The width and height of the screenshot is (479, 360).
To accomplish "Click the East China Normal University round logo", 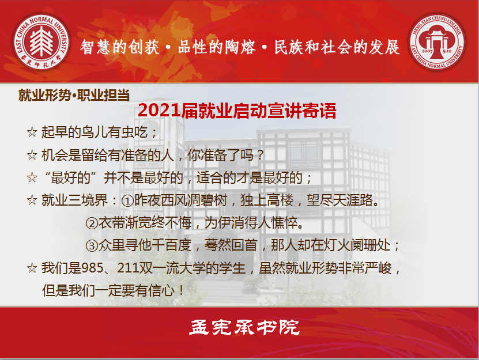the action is click(42, 42).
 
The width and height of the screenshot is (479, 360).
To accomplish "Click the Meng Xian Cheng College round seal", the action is click(437, 42).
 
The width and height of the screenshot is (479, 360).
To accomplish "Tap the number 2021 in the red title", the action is click(159, 110).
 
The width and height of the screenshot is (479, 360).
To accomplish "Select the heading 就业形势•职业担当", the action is click(74, 95).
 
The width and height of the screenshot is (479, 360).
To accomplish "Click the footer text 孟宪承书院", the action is click(244, 327).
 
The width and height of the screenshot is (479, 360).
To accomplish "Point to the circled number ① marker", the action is click(127, 200).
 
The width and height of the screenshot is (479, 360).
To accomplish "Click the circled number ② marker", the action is click(91, 223).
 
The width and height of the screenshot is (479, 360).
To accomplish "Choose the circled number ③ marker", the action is click(91, 246).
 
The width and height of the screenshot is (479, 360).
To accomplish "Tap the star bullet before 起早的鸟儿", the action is click(32, 132).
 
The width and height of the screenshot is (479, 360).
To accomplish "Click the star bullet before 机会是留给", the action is click(32, 155).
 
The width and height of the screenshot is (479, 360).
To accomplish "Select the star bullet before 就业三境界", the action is click(32, 200).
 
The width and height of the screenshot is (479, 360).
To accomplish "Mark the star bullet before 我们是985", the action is click(32, 268).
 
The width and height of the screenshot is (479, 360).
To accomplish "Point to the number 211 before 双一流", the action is click(129, 268).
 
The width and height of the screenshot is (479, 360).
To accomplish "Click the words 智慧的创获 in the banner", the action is click(120, 47).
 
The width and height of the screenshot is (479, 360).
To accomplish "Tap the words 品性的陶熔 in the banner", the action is click(216, 47).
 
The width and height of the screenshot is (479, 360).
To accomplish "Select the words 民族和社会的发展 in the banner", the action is click(337, 47).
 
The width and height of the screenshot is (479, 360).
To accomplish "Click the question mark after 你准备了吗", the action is click(261, 155).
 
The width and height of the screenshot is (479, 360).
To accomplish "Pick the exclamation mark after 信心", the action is click(182, 291).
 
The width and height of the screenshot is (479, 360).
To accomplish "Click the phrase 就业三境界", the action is click(74, 200).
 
